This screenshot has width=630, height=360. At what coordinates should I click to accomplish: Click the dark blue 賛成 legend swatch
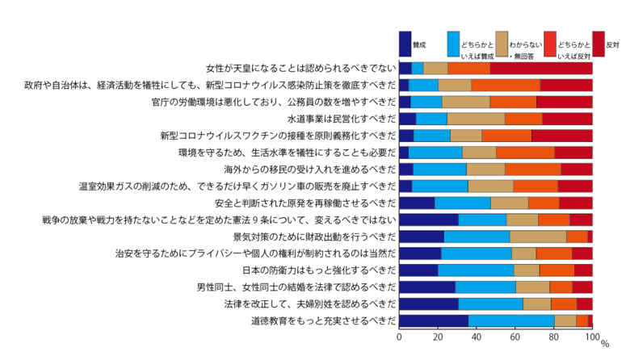click(405, 43)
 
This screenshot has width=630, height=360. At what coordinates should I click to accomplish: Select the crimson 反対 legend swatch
click(598, 43)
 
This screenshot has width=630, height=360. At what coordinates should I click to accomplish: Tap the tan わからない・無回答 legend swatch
click(502, 43)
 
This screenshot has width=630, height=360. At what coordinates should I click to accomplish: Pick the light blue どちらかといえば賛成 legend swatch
click(454, 43)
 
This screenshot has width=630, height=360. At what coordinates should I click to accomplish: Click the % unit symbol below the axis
click(603, 344)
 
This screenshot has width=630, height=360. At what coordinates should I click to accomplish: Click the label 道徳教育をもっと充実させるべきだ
click(323, 320)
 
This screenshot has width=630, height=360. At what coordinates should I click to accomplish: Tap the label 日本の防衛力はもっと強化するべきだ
click(319, 270)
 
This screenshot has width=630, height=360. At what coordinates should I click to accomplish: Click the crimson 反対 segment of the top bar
click(541, 69)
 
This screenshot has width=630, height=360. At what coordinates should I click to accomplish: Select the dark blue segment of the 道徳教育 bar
click(434, 320)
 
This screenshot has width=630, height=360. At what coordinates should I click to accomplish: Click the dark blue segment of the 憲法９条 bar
click(429, 220)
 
